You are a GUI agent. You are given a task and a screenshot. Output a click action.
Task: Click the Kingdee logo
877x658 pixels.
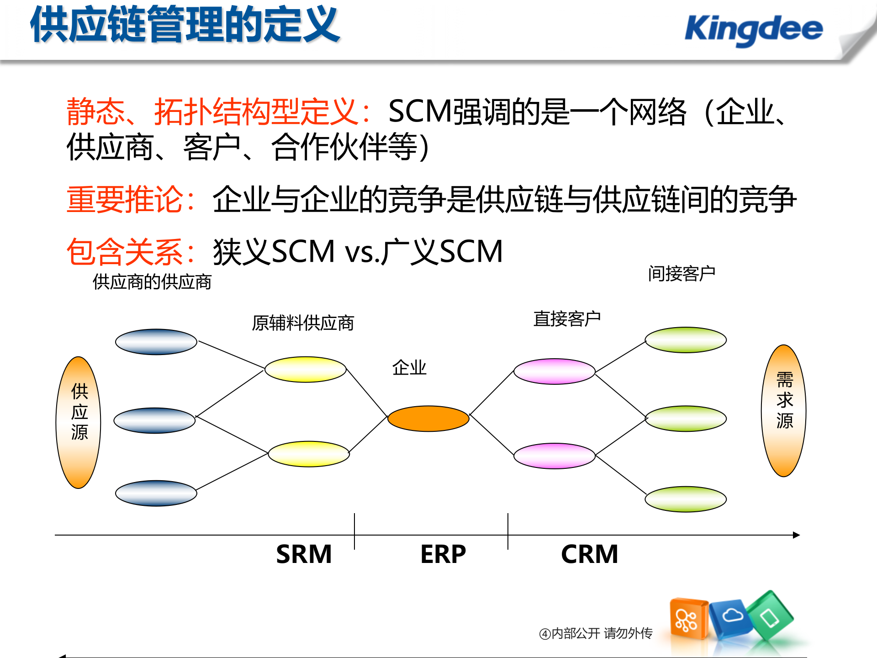pos(754,30)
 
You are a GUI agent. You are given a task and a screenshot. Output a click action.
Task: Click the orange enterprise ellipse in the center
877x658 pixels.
pos(428,419)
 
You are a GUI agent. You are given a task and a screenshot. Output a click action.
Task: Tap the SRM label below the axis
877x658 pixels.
pos(304,554)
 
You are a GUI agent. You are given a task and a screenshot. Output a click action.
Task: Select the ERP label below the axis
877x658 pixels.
pos(443,554)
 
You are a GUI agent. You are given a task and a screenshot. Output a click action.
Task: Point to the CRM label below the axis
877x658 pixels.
pos(589,554)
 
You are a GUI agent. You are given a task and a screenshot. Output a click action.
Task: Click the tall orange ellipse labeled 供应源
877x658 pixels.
pos(79,422)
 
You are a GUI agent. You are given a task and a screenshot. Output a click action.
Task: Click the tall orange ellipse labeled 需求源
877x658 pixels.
pos(784,410)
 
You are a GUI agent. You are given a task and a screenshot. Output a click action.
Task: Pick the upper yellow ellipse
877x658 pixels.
pos(305,369)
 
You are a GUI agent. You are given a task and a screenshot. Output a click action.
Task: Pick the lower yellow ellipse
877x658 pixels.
pos(309,454)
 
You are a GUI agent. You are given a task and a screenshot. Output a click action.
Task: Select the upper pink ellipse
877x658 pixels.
pos(554,371)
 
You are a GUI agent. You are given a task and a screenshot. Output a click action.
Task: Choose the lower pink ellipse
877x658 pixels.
pos(554,456)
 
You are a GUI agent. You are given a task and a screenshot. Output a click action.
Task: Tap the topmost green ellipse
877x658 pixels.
pos(685,340)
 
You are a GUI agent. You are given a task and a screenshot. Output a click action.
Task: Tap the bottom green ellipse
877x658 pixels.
pos(685,499)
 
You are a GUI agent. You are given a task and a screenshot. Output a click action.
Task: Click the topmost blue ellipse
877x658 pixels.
pos(156,342)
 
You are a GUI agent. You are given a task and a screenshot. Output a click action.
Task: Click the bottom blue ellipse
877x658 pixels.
pos(156,493)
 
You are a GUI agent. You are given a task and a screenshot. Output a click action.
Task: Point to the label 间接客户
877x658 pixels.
pos(682,274)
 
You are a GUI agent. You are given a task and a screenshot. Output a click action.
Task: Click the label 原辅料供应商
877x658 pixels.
pos(303,323)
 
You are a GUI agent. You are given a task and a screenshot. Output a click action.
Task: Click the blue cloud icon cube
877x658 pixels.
pos(732,617)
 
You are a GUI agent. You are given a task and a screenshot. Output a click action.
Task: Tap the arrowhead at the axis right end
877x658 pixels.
pos(796,535)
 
